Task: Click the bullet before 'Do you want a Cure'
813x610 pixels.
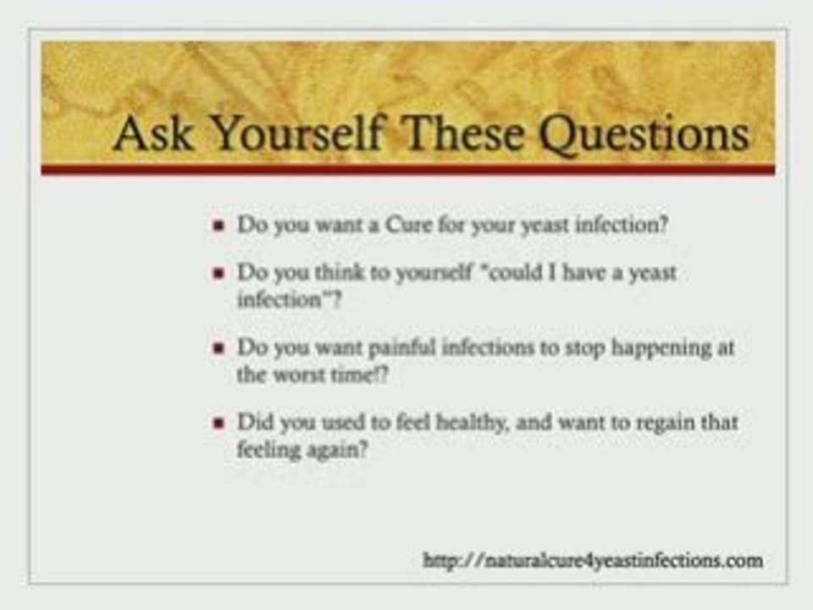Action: tap(219, 227)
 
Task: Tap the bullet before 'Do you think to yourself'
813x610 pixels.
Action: tap(219, 274)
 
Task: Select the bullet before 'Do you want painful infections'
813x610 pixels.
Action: tap(219, 348)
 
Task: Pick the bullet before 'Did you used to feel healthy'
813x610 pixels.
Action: tap(219, 422)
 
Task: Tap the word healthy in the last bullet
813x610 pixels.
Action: tap(471, 422)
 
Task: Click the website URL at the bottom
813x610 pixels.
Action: tap(593, 559)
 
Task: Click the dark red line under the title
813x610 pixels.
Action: tap(407, 169)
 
